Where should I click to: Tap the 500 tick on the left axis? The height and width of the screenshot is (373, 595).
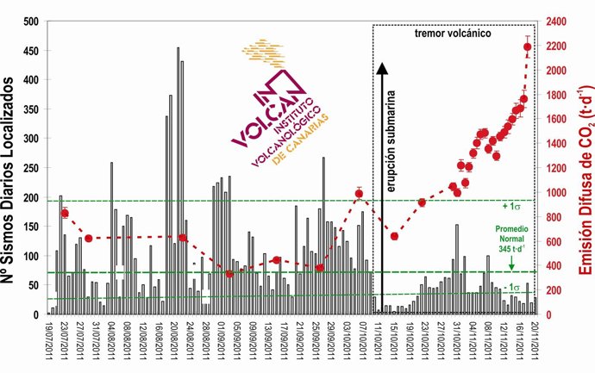click(x=32, y=21)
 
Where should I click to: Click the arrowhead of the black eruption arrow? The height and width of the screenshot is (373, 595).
click(x=380, y=65)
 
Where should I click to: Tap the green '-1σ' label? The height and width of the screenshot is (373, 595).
click(x=512, y=287)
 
